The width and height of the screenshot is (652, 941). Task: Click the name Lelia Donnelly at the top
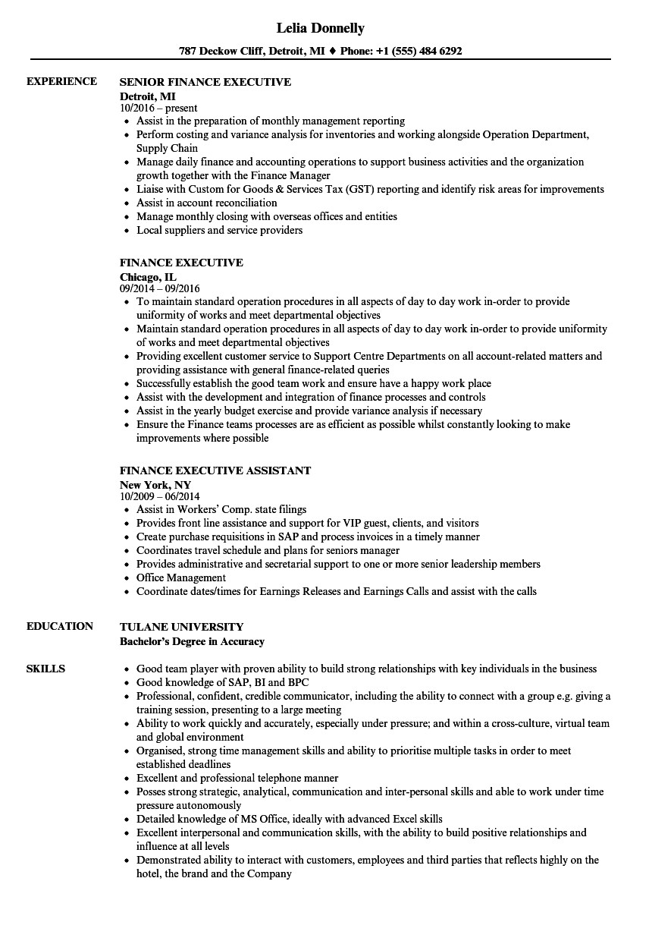[x=319, y=28]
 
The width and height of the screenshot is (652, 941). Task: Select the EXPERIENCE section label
[x=61, y=81]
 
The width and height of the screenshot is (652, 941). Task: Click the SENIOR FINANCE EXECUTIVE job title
[x=205, y=82]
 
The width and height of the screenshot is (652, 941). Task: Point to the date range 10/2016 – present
[x=158, y=108]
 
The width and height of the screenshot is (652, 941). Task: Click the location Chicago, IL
[x=148, y=276]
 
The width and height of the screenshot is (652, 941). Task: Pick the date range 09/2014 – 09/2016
[x=159, y=288]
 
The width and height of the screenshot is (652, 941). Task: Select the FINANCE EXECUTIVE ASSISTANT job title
[x=215, y=470]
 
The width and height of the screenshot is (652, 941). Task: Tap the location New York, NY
[x=155, y=484]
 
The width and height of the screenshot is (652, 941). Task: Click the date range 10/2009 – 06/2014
[x=159, y=496]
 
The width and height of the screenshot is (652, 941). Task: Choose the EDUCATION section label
[x=60, y=626]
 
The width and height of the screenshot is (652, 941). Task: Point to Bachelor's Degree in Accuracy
[x=192, y=641]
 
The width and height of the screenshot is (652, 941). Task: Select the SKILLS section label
[x=45, y=669]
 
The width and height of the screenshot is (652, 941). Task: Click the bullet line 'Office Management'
[x=180, y=578]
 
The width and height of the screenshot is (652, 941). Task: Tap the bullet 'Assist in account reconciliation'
[x=206, y=203]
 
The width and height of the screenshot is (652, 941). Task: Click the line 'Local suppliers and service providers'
[x=219, y=230]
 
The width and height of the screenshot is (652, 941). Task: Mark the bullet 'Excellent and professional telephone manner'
[x=237, y=778]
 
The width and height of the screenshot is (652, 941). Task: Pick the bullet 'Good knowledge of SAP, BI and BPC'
[x=211, y=682]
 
